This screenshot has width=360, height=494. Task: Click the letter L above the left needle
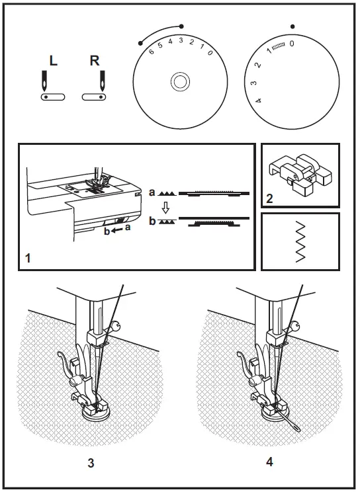click(53, 62)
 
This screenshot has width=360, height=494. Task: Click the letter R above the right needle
click(95, 62)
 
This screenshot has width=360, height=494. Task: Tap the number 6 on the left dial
click(152, 52)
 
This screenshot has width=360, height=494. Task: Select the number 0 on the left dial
click(209, 52)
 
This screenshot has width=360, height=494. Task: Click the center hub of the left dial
click(179, 82)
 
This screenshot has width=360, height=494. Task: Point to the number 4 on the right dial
click(258, 100)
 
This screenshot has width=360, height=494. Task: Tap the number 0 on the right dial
click(292, 43)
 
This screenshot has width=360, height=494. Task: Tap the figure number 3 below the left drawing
click(91, 462)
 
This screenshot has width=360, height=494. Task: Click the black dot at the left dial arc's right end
click(181, 26)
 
